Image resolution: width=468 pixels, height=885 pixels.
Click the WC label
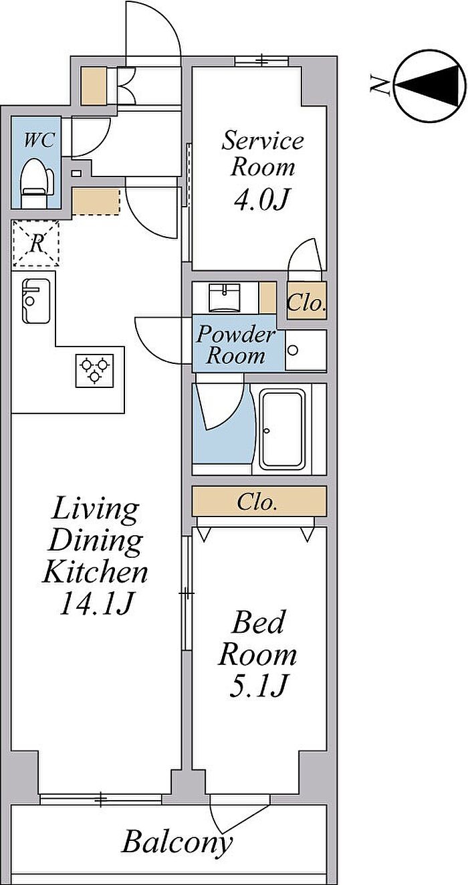(x=39, y=140)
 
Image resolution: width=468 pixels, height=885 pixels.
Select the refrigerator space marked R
(x=36, y=243)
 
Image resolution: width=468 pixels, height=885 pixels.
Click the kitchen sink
(x=36, y=301)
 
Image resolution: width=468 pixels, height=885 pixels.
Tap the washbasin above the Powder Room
(x=225, y=297)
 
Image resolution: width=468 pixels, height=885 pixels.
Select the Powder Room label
(x=236, y=345)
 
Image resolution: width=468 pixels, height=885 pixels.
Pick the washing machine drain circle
(x=293, y=350)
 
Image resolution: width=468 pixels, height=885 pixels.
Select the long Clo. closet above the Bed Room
(x=259, y=501)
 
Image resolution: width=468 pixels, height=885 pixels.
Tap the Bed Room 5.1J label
(x=257, y=654)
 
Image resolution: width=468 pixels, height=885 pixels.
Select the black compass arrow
(x=428, y=86)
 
